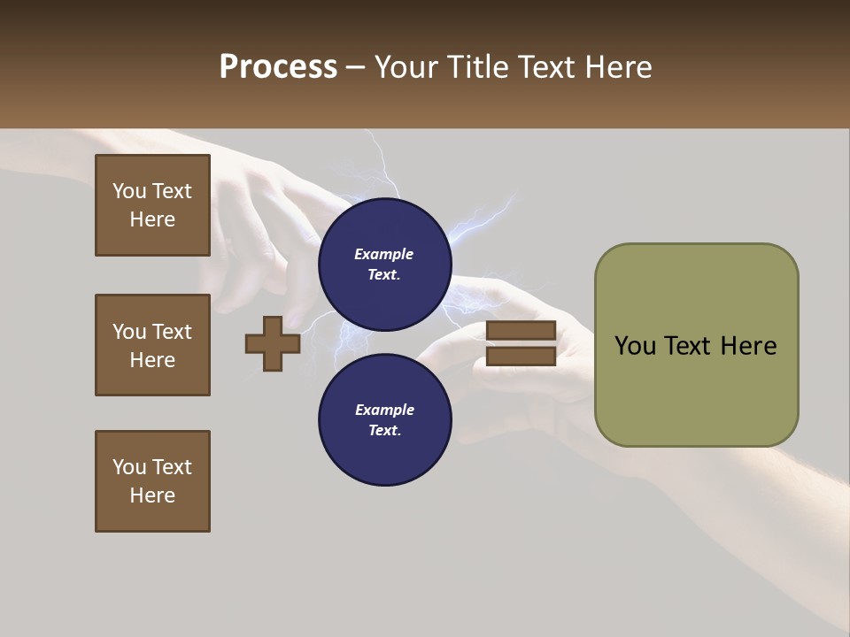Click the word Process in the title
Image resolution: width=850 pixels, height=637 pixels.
[278, 67]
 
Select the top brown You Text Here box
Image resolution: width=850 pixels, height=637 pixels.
[152, 205]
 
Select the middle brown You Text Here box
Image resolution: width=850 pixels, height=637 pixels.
[152, 345]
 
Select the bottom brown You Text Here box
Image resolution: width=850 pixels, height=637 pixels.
[152, 481]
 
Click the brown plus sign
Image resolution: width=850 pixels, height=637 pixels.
[273, 344]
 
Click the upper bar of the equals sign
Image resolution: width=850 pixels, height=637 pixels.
[521, 331]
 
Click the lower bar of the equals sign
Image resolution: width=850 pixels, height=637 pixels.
[521, 357]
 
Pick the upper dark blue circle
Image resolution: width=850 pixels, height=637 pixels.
[385, 265]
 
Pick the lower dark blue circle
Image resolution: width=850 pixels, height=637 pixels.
[385, 420]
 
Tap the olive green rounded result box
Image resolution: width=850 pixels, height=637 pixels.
[696, 345]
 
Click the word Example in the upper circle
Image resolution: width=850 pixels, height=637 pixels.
[384, 254]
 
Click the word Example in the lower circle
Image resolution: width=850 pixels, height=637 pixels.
[384, 410]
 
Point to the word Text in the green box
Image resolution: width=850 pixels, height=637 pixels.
[690, 346]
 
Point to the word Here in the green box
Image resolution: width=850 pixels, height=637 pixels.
[748, 346]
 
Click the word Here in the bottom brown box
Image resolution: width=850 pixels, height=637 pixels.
[152, 495]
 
